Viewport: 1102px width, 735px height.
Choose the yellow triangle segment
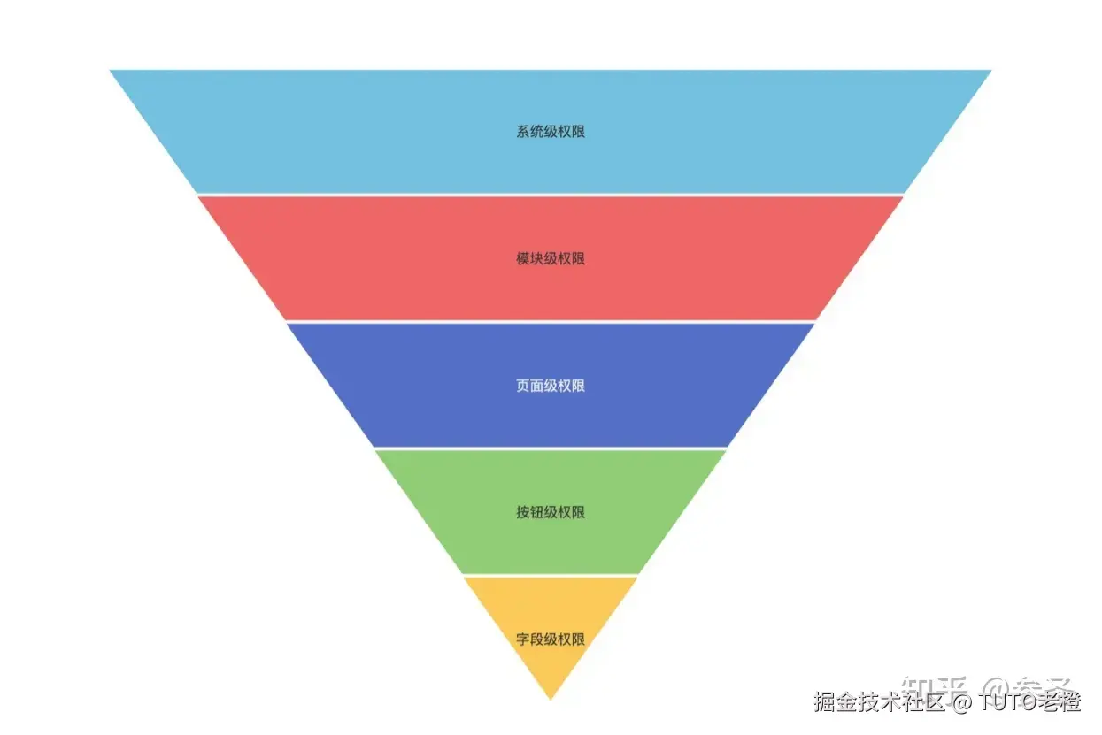pos(550,663)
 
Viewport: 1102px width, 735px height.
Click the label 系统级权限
pos(551,132)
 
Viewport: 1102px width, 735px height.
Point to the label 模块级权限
pos(551,258)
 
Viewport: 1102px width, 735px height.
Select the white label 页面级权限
pos(551,386)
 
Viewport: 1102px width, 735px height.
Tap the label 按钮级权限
pos(551,512)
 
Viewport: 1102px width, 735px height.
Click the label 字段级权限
pos(551,639)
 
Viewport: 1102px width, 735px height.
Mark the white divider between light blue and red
pos(551,195)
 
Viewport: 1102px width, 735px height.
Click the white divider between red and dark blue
pos(551,321)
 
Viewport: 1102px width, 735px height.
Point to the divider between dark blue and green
pos(551,448)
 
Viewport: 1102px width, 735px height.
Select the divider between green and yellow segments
pos(551,575)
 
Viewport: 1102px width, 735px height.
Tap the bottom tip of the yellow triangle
pos(551,697)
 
